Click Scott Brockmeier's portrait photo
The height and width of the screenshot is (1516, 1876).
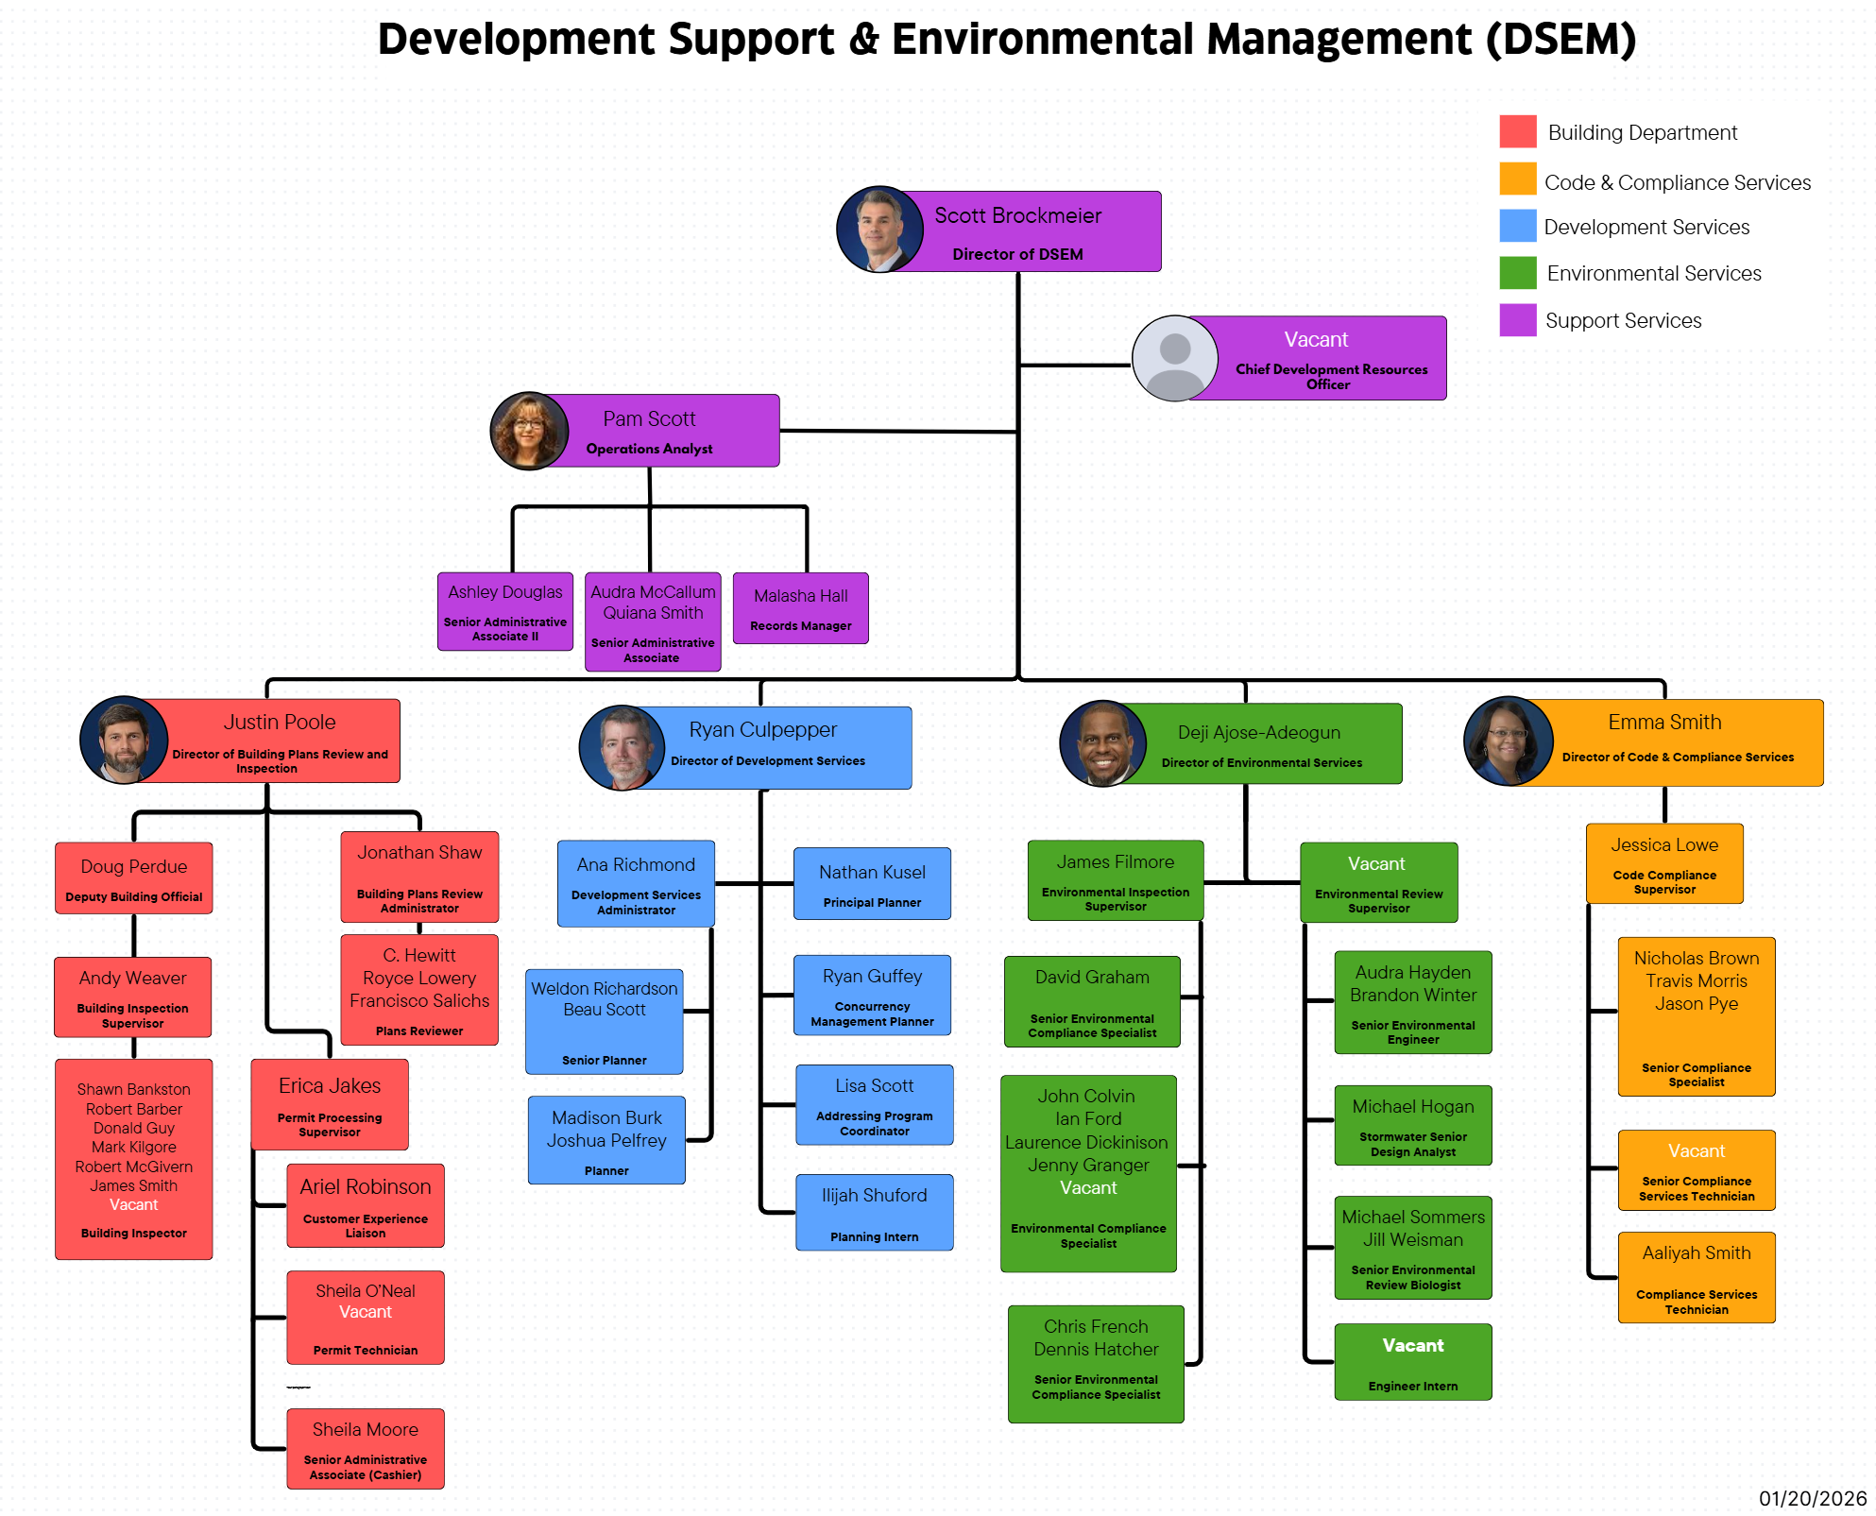click(879, 230)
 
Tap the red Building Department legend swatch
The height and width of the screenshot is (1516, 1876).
click(1517, 131)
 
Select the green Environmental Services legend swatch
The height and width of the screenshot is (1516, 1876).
click(1517, 273)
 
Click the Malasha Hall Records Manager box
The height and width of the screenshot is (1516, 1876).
click(800, 608)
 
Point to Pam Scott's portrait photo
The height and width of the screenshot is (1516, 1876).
click(529, 431)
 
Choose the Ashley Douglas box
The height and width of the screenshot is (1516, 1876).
click(504, 611)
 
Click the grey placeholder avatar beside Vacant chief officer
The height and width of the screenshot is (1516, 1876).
click(1174, 358)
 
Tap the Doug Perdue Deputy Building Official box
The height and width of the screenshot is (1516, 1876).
click(133, 878)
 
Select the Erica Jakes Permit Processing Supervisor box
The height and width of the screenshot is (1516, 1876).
click(330, 1103)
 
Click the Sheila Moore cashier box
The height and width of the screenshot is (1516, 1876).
click(365, 1449)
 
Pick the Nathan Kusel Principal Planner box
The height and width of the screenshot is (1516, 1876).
click(872, 883)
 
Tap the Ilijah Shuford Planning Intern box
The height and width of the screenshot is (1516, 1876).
click(874, 1212)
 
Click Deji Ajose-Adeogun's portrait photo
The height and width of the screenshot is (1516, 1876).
click(1102, 743)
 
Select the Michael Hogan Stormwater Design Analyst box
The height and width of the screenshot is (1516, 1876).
click(1412, 1125)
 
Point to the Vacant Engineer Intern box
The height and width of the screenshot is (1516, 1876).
click(1412, 1361)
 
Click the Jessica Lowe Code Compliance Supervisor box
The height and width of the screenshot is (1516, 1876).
click(1663, 863)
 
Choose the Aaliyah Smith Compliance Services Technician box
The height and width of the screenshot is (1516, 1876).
click(1696, 1277)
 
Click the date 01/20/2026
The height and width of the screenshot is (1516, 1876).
click(1812, 1498)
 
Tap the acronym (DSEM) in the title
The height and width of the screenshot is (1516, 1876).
click(1560, 40)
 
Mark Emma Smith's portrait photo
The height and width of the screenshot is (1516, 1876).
click(1508, 741)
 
